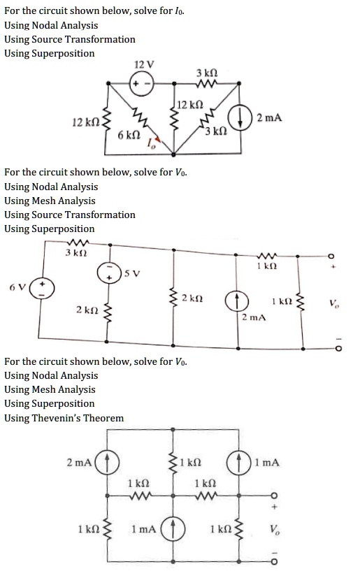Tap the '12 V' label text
pyautogui.click(x=143, y=64)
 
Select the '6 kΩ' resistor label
pyautogui.click(x=131, y=135)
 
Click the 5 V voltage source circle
pyautogui.click(x=109, y=273)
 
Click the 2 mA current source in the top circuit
pyautogui.click(x=244, y=117)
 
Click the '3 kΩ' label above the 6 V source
pyautogui.click(x=75, y=253)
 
